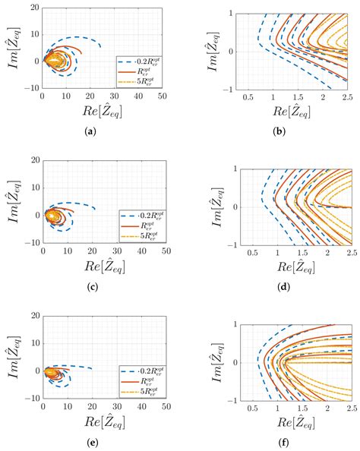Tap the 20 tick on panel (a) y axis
[x=33, y=8]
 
